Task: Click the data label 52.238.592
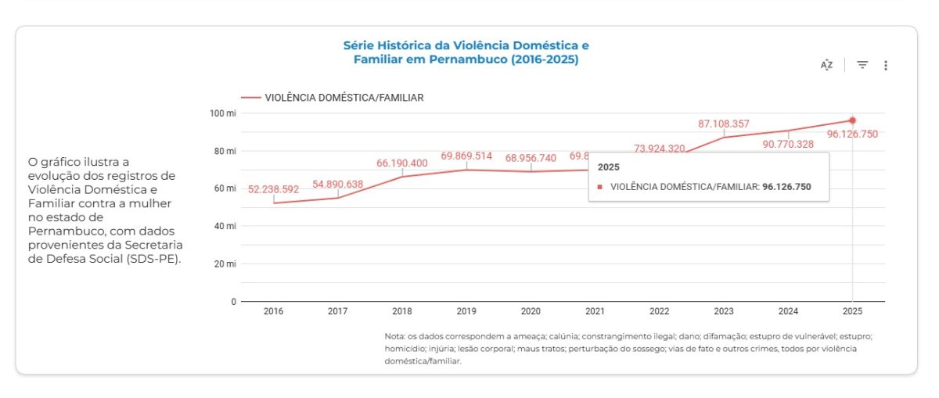pyautogui.click(x=274, y=189)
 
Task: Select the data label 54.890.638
pyautogui.click(x=338, y=183)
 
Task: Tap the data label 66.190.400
pyautogui.click(x=402, y=163)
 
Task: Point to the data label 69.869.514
pyautogui.click(x=466, y=156)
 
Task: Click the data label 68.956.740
pyautogui.click(x=531, y=158)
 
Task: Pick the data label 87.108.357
pyautogui.click(x=724, y=124)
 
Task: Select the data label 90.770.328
pyautogui.click(x=787, y=144)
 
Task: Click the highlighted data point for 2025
pyautogui.click(x=852, y=120)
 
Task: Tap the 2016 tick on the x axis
pyautogui.click(x=274, y=311)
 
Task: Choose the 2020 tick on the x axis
pyautogui.click(x=531, y=311)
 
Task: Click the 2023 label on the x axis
pyautogui.click(x=724, y=311)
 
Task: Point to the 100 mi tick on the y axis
pyautogui.click(x=224, y=113)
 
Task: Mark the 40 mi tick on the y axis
pyautogui.click(x=225, y=226)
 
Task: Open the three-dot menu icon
pyautogui.click(x=886, y=66)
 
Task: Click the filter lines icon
pyautogui.click(x=862, y=65)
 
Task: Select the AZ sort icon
pyautogui.click(x=826, y=65)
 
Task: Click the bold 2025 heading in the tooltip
pyautogui.click(x=609, y=167)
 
